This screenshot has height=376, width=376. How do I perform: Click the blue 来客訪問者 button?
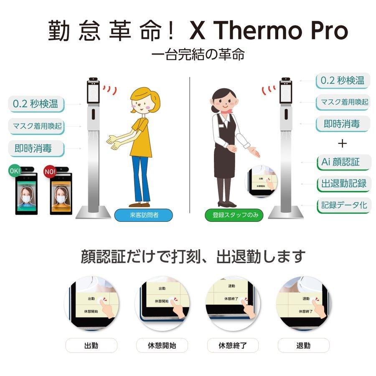pyautogui.click(x=137, y=216)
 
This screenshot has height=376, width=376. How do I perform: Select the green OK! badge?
pyautogui.click(x=14, y=171)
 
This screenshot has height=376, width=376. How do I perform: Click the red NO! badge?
pyautogui.click(x=49, y=171)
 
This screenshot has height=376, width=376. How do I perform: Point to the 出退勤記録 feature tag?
pyautogui.click(x=343, y=183)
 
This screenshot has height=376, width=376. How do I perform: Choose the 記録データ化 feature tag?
pyautogui.click(x=343, y=205)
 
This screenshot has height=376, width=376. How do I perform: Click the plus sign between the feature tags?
pyautogui.click(x=343, y=143)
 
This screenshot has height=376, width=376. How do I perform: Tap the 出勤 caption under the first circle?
pyautogui.click(x=91, y=346)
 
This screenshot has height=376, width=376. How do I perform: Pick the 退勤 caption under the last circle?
pyautogui.click(x=303, y=346)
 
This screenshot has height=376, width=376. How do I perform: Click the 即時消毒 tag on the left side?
pyautogui.click(x=36, y=148)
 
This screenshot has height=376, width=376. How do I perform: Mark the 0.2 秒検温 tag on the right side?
pyautogui.click(x=343, y=81)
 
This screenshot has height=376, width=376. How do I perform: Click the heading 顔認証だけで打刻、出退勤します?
pyautogui.click(x=193, y=257)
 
